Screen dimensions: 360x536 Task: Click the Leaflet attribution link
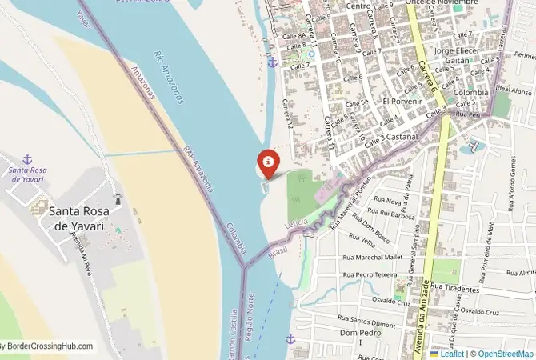pyautogui.click(x=450, y=353)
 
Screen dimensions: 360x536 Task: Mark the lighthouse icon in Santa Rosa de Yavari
pyautogui.click(x=118, y=199)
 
